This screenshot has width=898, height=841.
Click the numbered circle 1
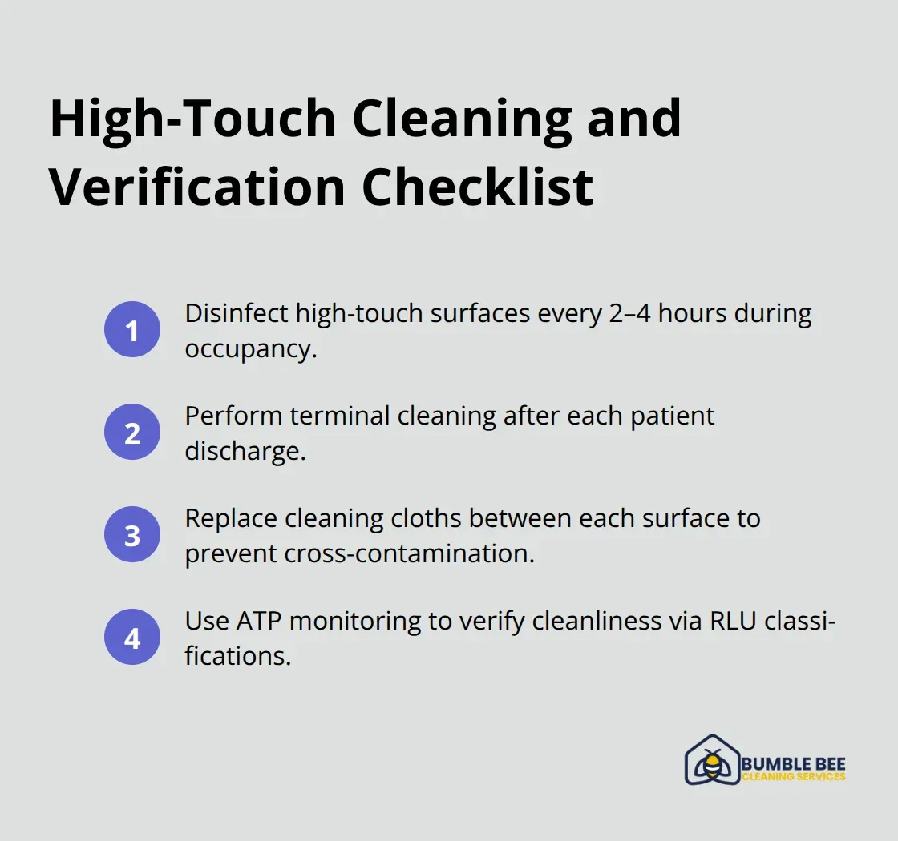point(132,330)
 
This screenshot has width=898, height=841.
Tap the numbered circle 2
point(132,433)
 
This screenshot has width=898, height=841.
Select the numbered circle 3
point(132,535)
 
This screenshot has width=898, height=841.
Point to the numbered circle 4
point(132,638)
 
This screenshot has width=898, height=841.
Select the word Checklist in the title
point(478,187)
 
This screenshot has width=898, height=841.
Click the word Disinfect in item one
point(237,314)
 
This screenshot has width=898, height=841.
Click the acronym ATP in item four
point(256,621)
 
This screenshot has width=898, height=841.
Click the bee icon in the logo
point(711,763)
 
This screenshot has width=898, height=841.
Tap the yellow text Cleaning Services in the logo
point(794,776)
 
